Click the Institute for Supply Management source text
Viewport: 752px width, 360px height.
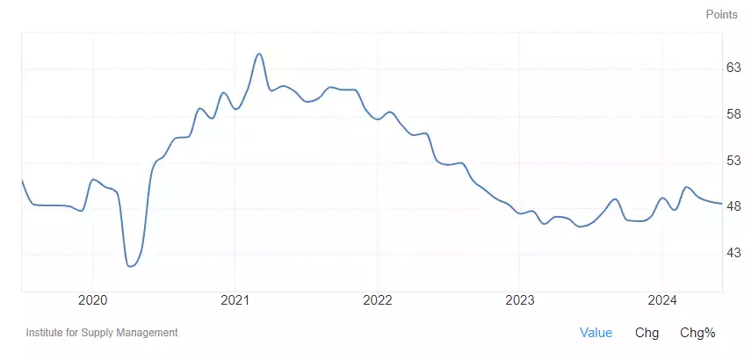point(102,333)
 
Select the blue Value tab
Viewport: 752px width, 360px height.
point(596,333)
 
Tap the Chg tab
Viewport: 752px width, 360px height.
point(647,333)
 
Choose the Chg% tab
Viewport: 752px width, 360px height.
point(698,333)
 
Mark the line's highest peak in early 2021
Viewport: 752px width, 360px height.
point(259,54)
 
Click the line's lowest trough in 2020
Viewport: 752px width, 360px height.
point(130,265)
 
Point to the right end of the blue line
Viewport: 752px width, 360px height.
point(721,204)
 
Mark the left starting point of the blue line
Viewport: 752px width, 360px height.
point(21,180)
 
